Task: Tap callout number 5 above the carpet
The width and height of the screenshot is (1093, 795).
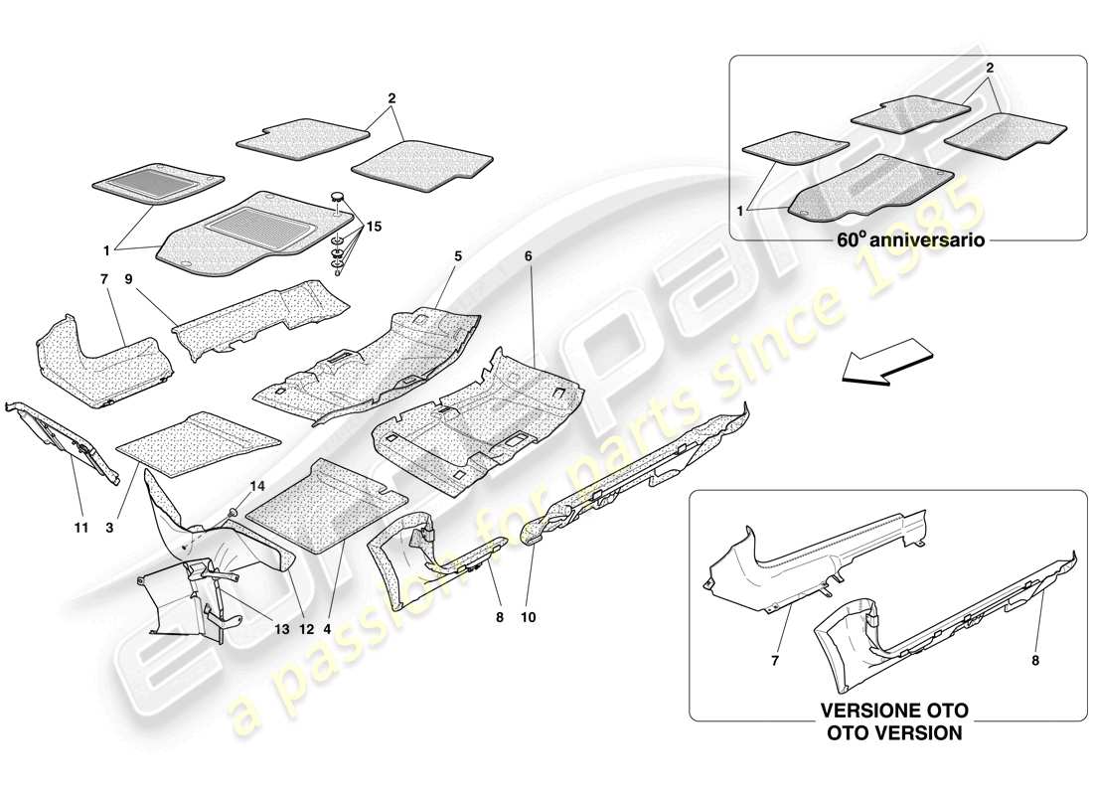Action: click(458, 255)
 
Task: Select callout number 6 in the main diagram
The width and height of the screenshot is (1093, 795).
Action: click(529, 255)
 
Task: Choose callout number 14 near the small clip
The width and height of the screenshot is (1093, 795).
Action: click(257, 486)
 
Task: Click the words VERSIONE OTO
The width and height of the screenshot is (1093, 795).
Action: click(893, 712)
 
